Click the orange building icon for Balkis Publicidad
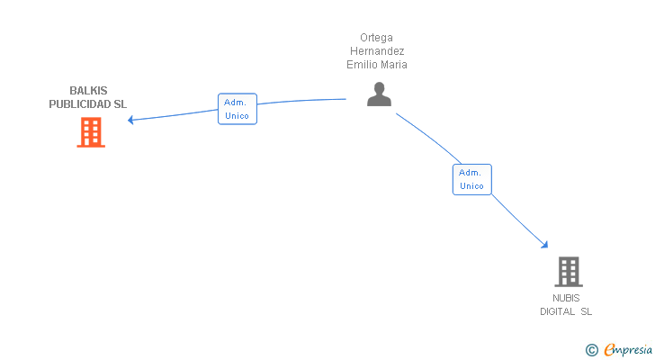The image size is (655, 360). pyautogui.click(x=91, y=132)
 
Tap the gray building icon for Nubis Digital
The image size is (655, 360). pyautogui.click(x=569, y=272)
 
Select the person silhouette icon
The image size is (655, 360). pyautogui.click(x=379, y=94)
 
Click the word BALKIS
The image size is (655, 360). pyautogui.click(x=88, y=91)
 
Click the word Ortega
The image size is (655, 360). pyautogui.click(x=376, y=38)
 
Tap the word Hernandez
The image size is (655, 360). pyautogui.click(x=377, y=51)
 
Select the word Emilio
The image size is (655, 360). pyautogui.click(x=360, y=64)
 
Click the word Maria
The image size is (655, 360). pyautogui.click(x=392, y=64)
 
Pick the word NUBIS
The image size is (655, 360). pyautogui.click(x=566, y=298)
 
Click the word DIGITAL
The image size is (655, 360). pyautogui.click(x=557, y=311)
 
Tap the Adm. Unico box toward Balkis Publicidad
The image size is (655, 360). pyautogui.click(x=238, y=109)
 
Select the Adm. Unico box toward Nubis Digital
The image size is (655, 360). pyautogui.click(x=472, y=180)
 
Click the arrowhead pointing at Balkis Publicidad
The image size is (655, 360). pyautogui.click(x=130, y=120)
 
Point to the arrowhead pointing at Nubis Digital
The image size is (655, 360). pyautogui.click(x=544, y=245)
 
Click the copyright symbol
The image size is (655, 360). pyautogui.click(x=591, y=350)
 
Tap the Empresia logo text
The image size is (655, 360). pyautogui.click(x=628, y=350)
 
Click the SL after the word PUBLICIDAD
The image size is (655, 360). pyautogui.click(x=121, y=104)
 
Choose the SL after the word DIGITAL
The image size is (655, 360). pyautogui.click(x=586, y=311)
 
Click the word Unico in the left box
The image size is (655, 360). pyautogui.click(x=237, y=116)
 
